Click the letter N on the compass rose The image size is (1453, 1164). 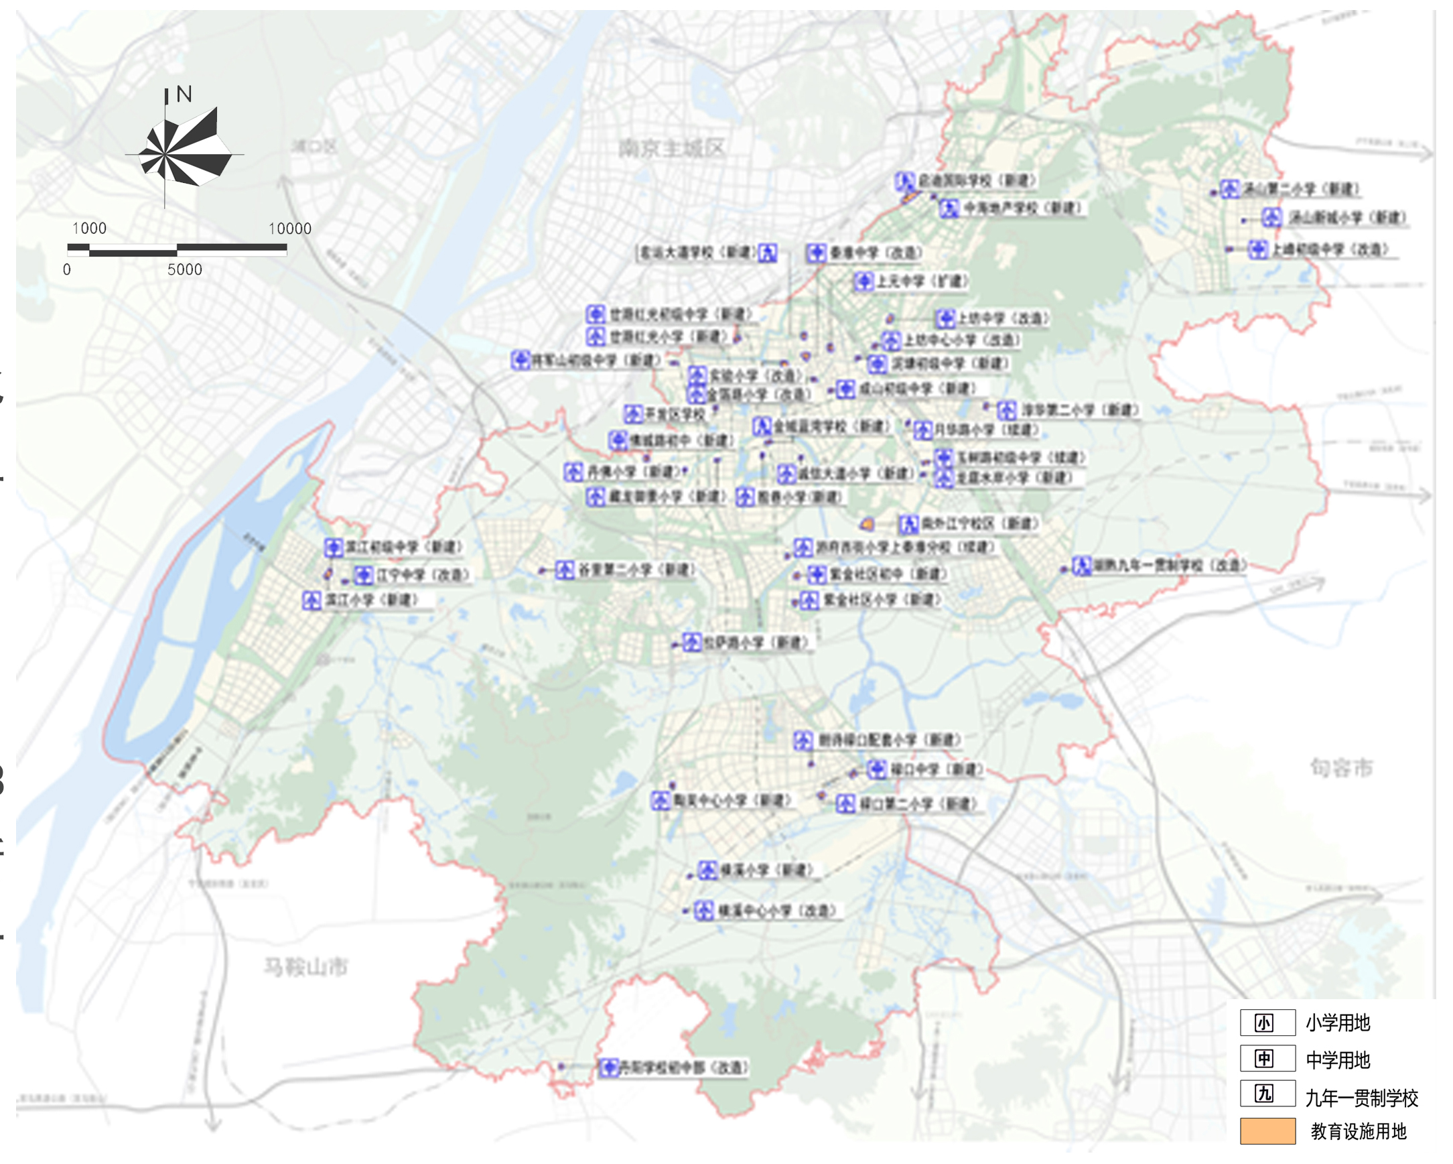pos(184,94)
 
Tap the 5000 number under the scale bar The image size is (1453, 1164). pos(185,269)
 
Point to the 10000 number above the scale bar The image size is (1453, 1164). pos(290,229)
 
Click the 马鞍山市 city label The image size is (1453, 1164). pos(305,967)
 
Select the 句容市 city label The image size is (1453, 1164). pos(1340,767)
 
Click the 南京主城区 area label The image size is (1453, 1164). pos(671,148)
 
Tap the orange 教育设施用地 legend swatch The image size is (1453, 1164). pos(1267,1131)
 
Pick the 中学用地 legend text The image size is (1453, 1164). pos(1338,1060)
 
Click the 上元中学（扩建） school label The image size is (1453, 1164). pos(921,281)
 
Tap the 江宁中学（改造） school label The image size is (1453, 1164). pos(422,575)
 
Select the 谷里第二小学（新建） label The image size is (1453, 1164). pos(635,570)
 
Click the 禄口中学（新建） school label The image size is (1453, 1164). pos(936,769)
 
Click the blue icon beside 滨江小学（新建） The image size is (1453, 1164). pos(312,600)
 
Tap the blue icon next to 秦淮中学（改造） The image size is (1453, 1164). pos(816,253)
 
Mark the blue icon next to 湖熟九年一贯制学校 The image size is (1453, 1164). pos(1082,566)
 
